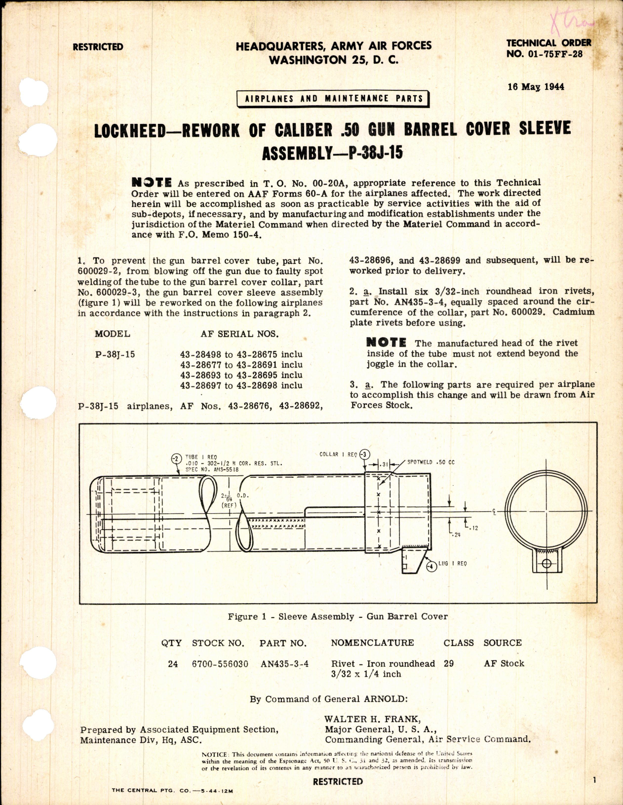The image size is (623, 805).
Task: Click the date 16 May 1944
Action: [536, 87]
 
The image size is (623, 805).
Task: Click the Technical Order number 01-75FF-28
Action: [545, 54]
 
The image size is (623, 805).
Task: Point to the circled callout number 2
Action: [176, 459]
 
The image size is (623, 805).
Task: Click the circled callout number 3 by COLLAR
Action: [364, 454]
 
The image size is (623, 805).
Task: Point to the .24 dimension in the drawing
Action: [456, 535]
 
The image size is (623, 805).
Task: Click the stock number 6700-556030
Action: [220, 664]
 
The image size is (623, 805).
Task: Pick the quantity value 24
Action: [172, 664]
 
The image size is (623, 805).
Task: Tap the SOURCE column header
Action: [503, 643]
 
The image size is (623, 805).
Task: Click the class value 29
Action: [448, 663]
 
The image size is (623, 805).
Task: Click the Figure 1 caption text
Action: [338, 616]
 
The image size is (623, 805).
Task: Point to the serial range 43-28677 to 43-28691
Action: [241, 365]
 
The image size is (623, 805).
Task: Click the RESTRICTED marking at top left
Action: [98, 47]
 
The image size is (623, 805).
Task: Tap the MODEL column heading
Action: [113, 334]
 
